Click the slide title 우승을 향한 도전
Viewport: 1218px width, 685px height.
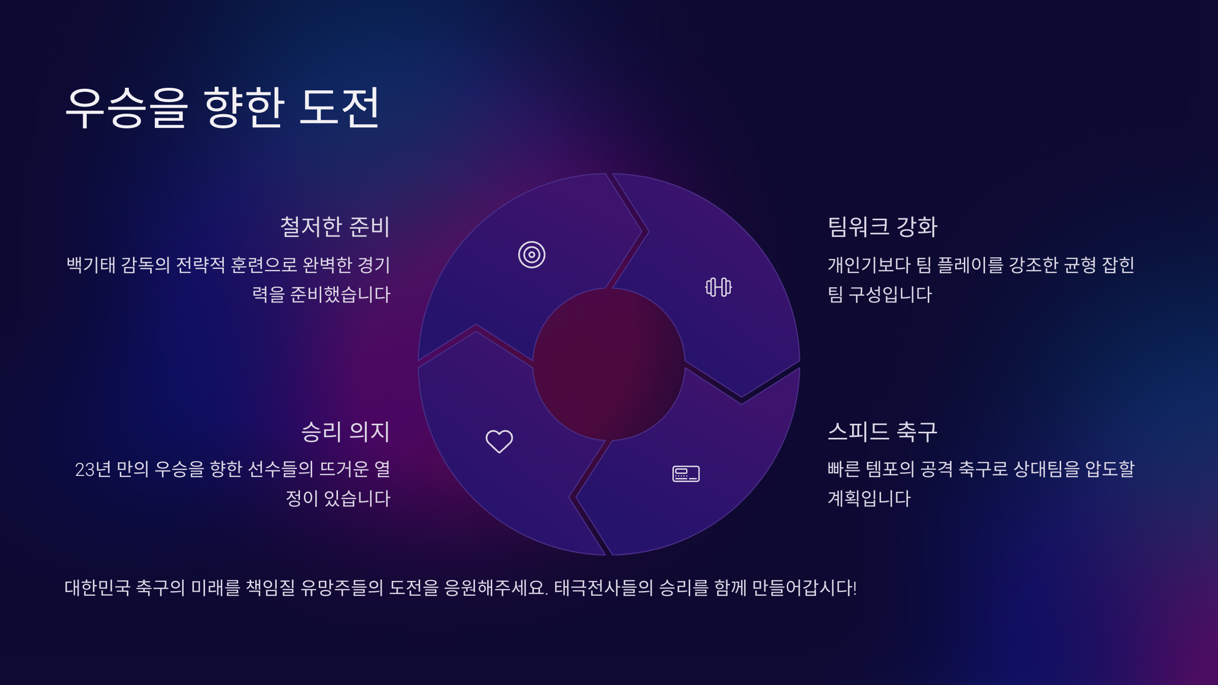pos(222,107)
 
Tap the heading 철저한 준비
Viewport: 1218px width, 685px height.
pos(335,227)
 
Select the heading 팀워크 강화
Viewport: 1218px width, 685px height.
pos(883,227)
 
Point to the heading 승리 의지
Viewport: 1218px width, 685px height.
pos(346,432)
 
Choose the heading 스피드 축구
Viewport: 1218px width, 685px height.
pos(883,432)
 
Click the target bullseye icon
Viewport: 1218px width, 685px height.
pos(531,255)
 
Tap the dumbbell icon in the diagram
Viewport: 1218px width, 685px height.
pos(719,287)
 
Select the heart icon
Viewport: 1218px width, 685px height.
pos(499,441)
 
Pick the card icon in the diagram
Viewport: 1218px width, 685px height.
pos(686,473)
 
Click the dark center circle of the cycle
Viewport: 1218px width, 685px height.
pos(609,364)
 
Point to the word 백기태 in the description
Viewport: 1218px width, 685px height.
pos(91,265)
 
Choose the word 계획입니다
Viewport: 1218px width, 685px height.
pos(869,499)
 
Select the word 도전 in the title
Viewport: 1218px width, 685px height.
pos(340,107)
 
